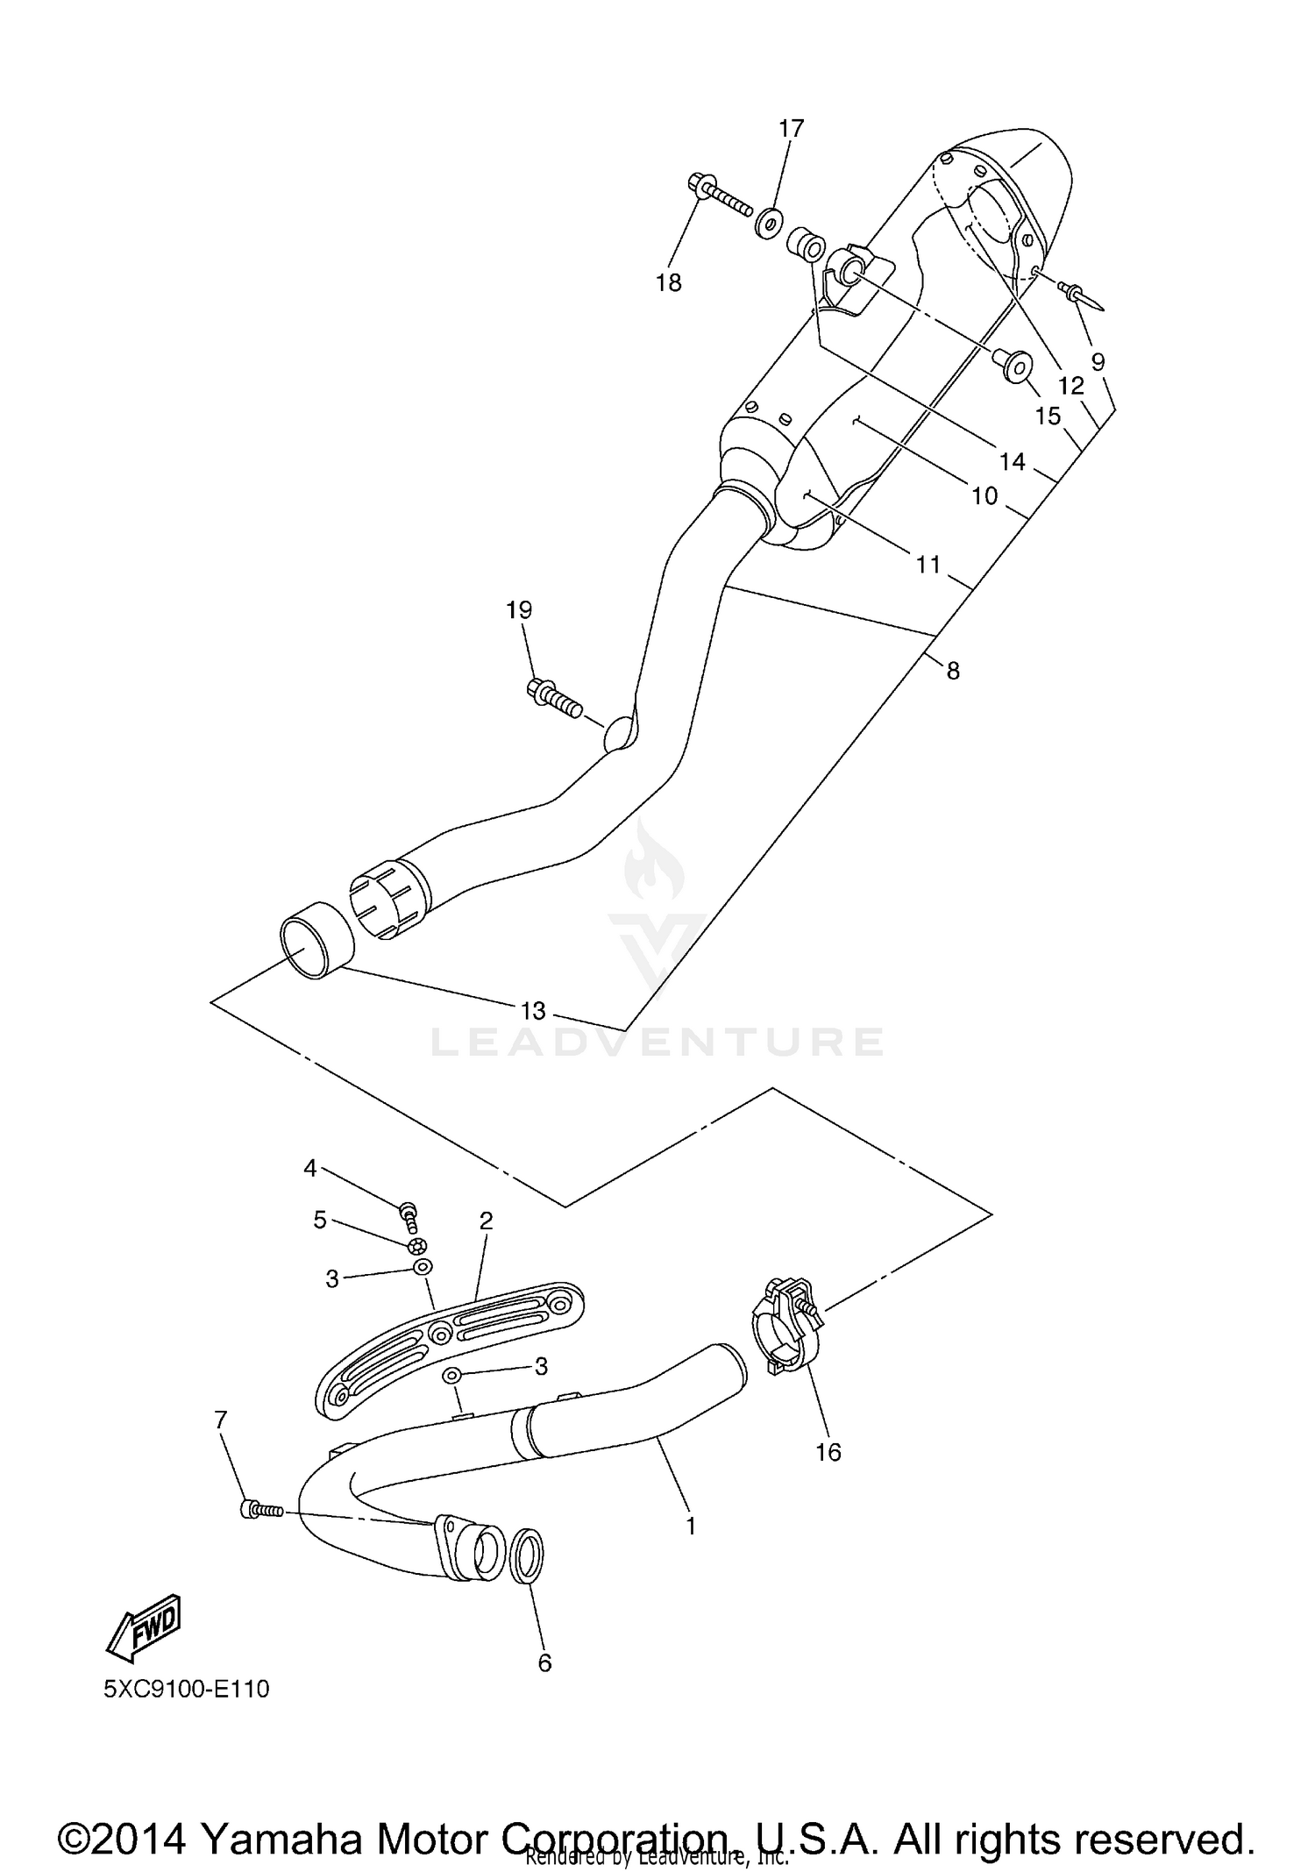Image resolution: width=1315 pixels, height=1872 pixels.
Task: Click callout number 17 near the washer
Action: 791,129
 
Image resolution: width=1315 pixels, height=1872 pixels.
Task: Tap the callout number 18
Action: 669,282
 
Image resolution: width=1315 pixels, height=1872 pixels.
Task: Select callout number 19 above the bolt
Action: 519,609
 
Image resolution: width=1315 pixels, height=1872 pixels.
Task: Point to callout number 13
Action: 533,1011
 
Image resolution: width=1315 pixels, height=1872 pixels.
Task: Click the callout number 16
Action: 828,1452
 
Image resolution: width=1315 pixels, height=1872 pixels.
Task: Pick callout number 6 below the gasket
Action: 544,1662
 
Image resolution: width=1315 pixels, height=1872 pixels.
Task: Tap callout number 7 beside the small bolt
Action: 220,1419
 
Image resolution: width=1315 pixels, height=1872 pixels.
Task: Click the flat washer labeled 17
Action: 769,222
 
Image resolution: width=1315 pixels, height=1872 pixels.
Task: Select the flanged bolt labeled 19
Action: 555,698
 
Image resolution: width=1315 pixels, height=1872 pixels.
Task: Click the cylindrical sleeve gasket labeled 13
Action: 316,948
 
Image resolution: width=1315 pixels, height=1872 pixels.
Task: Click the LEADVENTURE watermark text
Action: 657,1041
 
